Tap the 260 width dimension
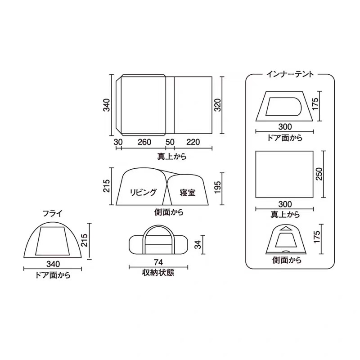[144, 142]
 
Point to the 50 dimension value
[170, 142]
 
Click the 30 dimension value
[118, 142]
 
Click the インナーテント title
[290, 73]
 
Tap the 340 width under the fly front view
[53, 264]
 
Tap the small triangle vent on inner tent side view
[284, 229]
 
